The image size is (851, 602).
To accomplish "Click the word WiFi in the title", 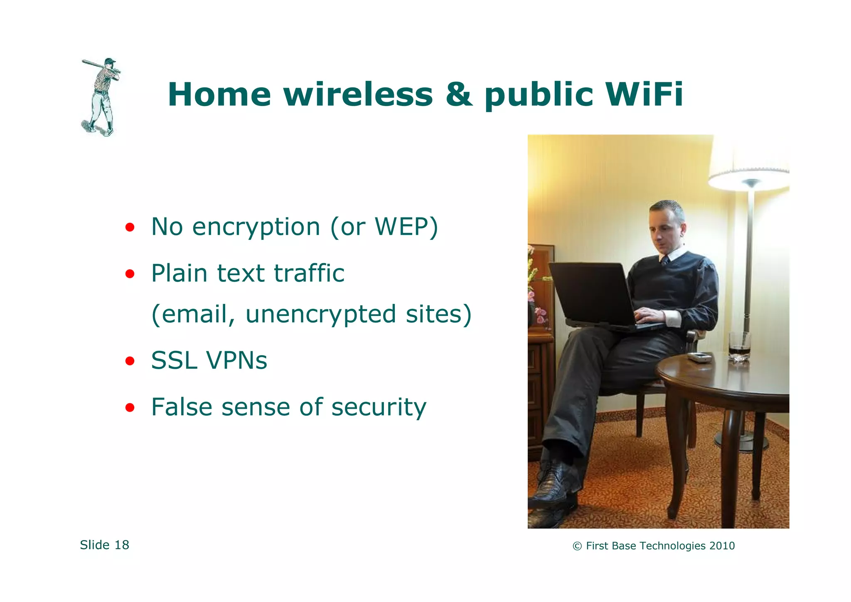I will (x=644, y=95).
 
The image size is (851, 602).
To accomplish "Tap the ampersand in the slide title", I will (x=459, y=95).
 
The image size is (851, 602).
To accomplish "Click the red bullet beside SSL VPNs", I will (x=130, y=360).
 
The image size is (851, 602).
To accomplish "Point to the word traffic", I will (x=309, y=274).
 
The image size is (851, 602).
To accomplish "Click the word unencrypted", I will (x=320, y=314).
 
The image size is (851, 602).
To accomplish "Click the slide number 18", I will (x=122, y=545).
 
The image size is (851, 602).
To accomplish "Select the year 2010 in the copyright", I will (x=722, y=546).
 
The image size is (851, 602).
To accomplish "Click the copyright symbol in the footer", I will (x=577, y=546).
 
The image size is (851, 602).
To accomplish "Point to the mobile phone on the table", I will (x=699, y=357).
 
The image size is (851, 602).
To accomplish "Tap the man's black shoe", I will (x=553, y=484).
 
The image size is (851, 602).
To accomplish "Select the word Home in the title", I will (x=219, y=95).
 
